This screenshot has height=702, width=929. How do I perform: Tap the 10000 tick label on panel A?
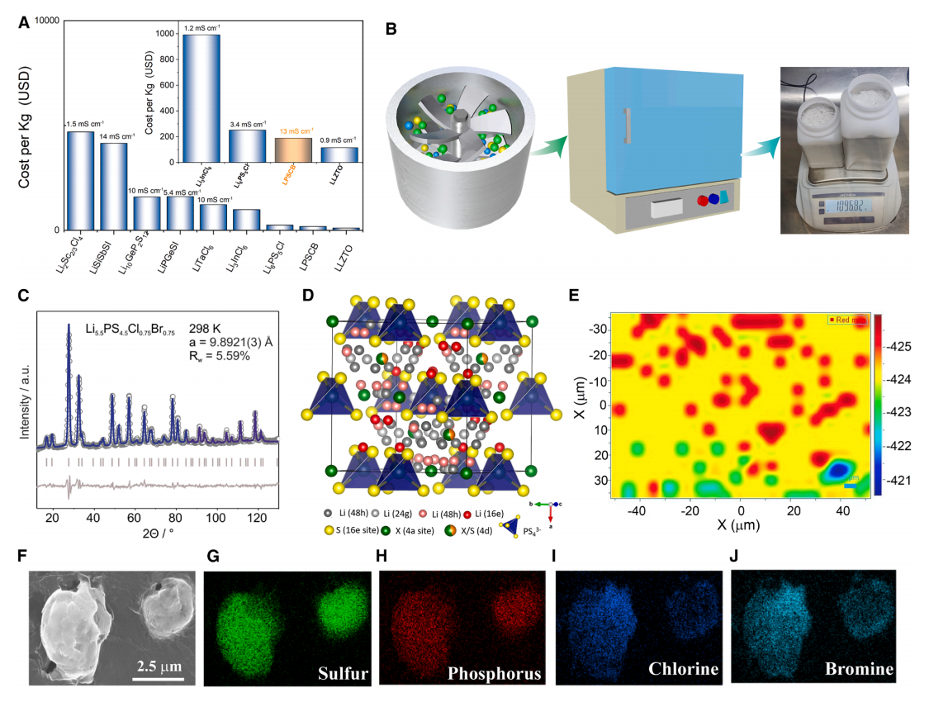pyautogui.click(x=48, y=19)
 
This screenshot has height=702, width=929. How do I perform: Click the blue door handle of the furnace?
pyautogui.click(x=628, y=124)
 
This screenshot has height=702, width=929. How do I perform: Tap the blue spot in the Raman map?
pyautogui.click(x=841, y=471)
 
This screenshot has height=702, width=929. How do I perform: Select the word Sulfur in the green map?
pyautogui.click(x=342, y=671)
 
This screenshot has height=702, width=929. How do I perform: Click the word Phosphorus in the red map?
pyautogui.click(x=494, y=673)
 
